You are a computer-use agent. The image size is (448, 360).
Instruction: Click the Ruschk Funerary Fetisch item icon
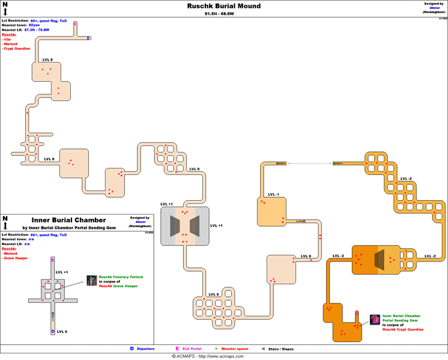tap(91, 281)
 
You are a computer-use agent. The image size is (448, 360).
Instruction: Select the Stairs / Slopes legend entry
tap(280, 349)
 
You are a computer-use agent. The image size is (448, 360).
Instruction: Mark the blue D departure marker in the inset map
tap(53, 331)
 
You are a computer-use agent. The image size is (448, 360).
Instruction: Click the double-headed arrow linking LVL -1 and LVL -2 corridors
tap(310, 163)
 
